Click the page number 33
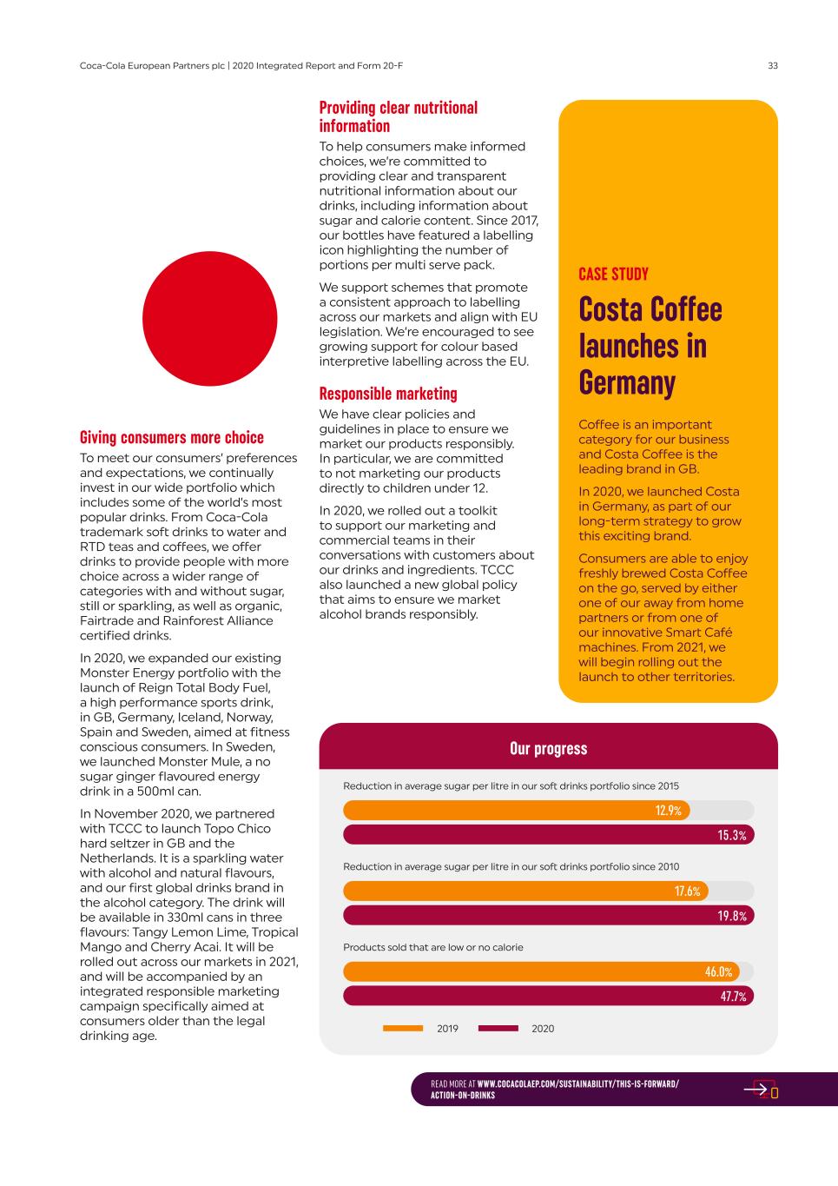coord(772,65)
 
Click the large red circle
coord(209,319)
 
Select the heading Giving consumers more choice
coord(172,437)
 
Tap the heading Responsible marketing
coord(388,394)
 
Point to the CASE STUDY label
coord(613,275)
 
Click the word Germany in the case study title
coord(627,382)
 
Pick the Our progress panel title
coord(548,749)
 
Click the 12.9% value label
coord(668,811)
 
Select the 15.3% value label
coord(732,835)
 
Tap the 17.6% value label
coord(687,891)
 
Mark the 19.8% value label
coord(732,916)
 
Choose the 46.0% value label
coord(718,972)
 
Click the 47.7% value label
coord(733,997)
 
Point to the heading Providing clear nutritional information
coord(399,116)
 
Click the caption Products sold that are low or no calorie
coord(433,947)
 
